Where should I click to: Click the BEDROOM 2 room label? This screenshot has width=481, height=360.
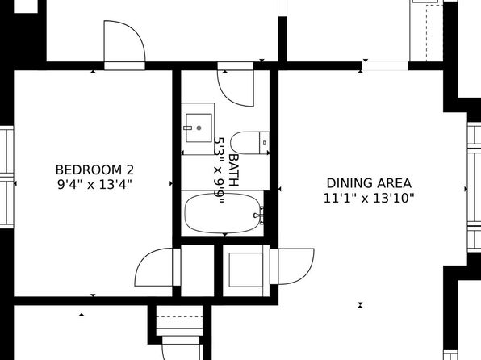[94, 170]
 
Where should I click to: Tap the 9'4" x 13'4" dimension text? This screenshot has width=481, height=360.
[94, 185]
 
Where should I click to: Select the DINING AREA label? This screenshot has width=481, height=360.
[369, 183]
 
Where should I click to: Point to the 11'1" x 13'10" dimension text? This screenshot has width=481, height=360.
[369, 198]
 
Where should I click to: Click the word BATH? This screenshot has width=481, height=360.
[234, 170]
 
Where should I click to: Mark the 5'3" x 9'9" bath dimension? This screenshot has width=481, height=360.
[220, 170]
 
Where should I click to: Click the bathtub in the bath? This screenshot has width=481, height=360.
[223, 213]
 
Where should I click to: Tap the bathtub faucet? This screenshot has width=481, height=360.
[258, 216]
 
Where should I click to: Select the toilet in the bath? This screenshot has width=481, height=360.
[249, 143]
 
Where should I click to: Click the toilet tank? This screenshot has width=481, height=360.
[265, 143]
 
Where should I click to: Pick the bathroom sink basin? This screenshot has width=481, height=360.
[199, 128]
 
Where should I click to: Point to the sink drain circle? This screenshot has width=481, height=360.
[199, 128]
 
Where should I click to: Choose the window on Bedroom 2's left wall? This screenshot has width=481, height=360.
[6, 177]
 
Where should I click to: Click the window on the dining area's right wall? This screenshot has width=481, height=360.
[474, 187]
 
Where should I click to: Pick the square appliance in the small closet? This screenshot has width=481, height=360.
[245, 270]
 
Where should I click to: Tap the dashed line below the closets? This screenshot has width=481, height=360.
[179, 316]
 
